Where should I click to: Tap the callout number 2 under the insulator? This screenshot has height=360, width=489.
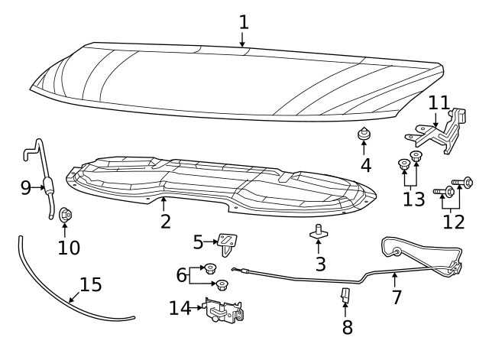pos(165,222)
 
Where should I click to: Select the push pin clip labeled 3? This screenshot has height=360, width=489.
pos(319,232)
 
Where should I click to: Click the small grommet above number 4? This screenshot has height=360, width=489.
pos(364,136)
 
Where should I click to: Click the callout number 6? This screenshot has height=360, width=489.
pos(181,274)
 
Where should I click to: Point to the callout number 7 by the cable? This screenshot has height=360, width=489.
pos(396,297)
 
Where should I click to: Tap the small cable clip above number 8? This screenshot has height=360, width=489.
pos(345,295)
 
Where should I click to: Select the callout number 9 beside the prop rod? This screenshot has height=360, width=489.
pos(25,186)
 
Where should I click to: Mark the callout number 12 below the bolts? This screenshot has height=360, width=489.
pos(453,221)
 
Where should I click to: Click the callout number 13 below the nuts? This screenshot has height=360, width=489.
pos(413,199)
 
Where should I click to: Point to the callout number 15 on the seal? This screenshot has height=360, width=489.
pos(90,285)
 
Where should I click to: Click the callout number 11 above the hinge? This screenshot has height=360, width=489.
pos(439,102)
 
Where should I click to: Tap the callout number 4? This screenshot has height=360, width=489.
pos(365,164)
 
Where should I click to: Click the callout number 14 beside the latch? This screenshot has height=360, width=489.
pos(180,308)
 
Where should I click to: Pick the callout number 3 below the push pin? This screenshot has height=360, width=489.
pos(320,264)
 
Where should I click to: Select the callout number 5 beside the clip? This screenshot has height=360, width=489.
pos(198,242)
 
